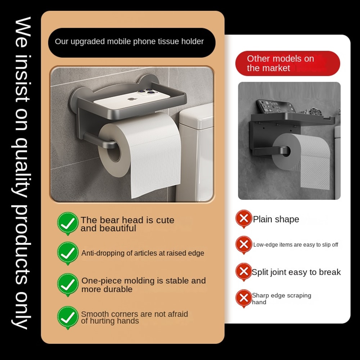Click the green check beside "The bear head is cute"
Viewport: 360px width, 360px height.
pos(68,223)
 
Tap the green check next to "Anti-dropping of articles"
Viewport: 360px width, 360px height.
pos(68,253)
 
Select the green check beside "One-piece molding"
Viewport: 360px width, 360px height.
pos(68,284)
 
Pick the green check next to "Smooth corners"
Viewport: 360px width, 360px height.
pos(68,317)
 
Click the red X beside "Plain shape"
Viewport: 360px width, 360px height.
pos(244,218)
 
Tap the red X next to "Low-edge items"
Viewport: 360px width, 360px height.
pos(244,244)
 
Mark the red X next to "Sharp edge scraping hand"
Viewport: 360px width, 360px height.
pos(244,298)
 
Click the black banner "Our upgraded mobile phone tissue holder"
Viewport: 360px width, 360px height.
pos(131,42)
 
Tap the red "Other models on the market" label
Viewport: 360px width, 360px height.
pos(287,63)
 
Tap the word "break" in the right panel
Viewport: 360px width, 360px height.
pos(329,272)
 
